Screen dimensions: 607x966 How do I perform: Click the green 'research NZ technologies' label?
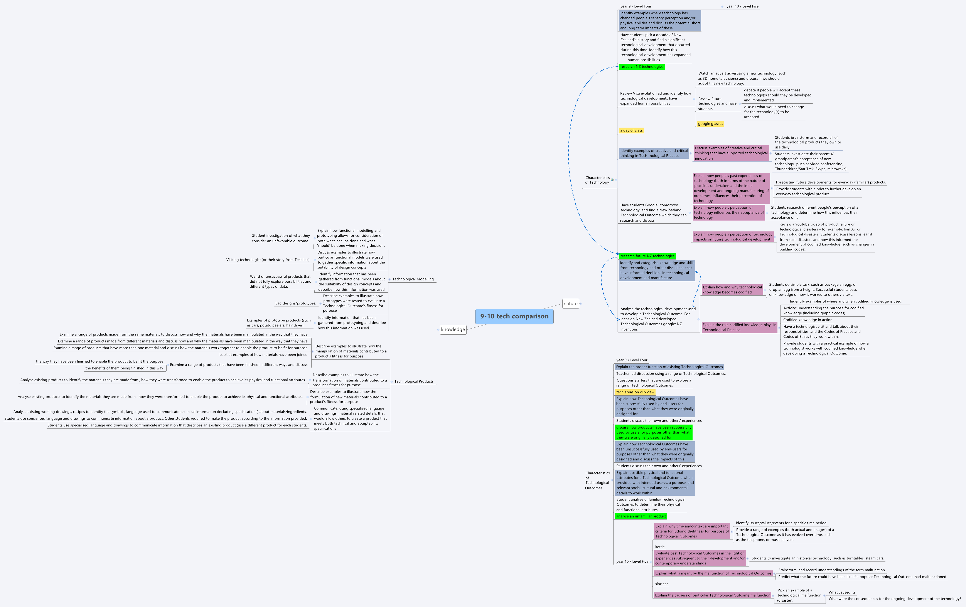point(641,67)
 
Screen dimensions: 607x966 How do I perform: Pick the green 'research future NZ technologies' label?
point(647,256)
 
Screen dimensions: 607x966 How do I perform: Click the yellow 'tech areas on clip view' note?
point(635,392)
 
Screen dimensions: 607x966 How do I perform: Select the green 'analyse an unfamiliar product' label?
point(641,516)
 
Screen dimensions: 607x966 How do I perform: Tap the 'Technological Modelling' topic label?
point(413,279)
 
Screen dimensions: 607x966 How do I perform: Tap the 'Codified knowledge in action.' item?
point(808,320)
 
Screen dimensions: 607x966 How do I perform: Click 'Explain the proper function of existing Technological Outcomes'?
point(669,367)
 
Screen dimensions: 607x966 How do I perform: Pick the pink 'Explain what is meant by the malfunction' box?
point(713,573)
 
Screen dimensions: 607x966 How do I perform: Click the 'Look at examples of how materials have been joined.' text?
point(264,355)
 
